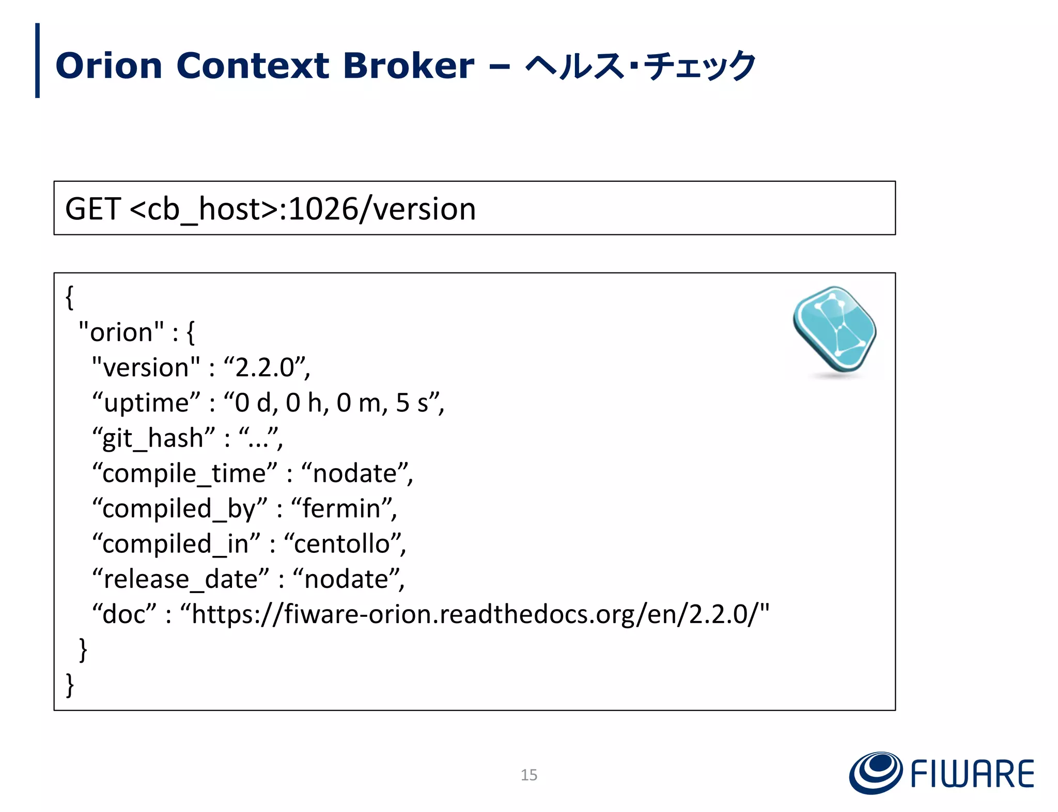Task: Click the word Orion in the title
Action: (x=109, y=66)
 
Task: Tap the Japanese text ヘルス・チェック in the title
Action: (x=640, y=66)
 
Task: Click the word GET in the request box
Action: (x=93, y=209)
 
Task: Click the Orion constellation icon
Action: (x=834, y=330)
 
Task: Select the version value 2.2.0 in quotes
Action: (x=266, y=368)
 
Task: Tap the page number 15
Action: (x=528, y=775)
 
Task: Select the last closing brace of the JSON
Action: (x=70, y=685)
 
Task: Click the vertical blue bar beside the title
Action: (x=37, y=60)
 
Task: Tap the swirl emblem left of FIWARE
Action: (x=876, y=773)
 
